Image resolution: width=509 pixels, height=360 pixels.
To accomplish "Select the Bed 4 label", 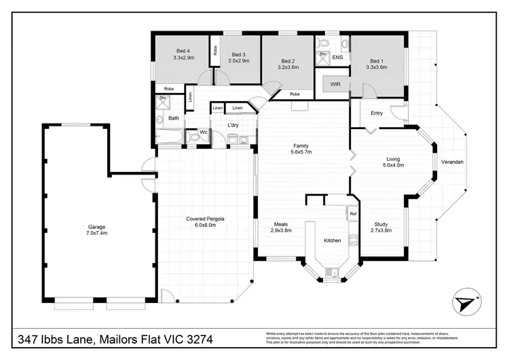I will click(183, 51).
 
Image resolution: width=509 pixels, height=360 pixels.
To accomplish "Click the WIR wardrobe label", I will click(335, 84).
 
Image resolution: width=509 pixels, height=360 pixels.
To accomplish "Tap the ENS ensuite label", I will click(337, 58).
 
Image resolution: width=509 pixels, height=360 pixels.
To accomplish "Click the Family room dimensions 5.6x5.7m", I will click(301, 153).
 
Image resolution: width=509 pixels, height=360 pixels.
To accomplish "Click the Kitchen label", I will click(332, 240).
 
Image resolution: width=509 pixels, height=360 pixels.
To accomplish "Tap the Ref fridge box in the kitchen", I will click(353, 214).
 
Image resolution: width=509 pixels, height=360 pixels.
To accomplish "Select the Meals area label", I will click(282, 224).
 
